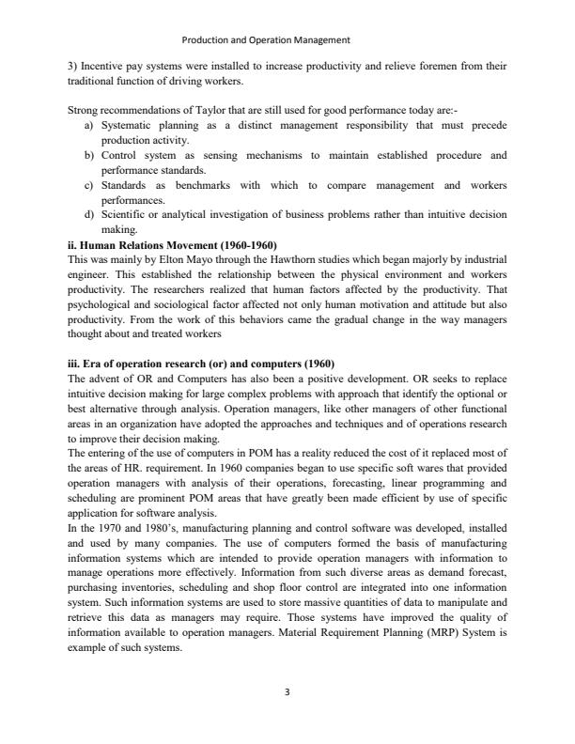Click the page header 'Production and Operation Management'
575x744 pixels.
[x=265, y=40]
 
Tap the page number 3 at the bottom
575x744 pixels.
[x=287, y=692]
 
